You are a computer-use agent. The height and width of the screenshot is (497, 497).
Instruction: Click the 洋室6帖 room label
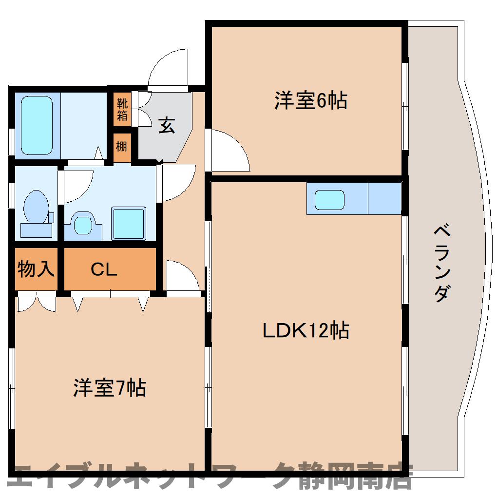(x=311, y=100)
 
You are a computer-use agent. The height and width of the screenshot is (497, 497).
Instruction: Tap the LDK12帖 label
(x=306, y=330)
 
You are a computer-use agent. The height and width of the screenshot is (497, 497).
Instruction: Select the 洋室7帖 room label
(x=110, y=387)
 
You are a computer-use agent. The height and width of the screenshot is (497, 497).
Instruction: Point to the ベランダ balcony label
(x=442, y=263)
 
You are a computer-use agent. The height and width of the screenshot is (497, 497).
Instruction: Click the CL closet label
(x=104, y=269)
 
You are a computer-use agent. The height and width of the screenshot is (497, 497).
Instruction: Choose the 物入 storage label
(x=36, y=269)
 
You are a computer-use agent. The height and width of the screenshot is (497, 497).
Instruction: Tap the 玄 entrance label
(x=167, y=125)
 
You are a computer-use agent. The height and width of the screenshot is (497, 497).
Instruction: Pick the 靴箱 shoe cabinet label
(x=122, y=109)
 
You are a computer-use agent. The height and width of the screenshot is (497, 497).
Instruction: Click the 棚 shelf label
(x=121, y=147)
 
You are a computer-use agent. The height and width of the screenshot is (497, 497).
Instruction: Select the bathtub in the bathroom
(x=37, y=126)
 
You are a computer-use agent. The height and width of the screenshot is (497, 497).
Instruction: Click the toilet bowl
(x=36, y=207)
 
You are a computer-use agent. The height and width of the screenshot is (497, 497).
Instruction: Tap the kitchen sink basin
(x=329, y=200)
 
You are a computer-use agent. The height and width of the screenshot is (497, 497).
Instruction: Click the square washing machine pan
(x=128, y=224)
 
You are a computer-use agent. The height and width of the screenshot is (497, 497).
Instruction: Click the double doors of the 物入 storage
(x=37, y=304)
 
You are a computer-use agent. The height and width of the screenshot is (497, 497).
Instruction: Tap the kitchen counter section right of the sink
(x=385, y=198)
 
